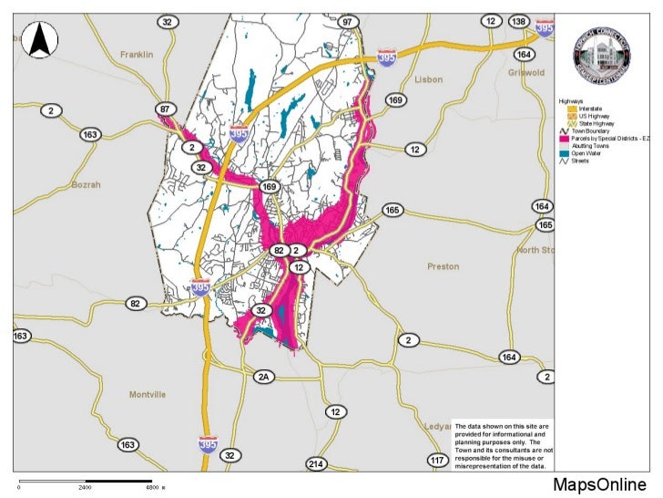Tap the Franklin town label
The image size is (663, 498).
pyautogui.click(x=137, y=56)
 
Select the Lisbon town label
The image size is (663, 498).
pyautogui.click(x=428, y=80)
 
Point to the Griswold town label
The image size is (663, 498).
pyautogui.click(x=525, y=72)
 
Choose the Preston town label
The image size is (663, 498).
pyautogui.click(x=444, y=267)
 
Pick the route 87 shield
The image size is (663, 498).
pyautogui.click(x=164, y=109)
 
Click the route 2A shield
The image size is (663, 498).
pyautogui.click(x=264, y=377)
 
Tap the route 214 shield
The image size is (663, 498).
pyautogui.click(x=316, y=464)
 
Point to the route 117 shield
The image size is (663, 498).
pyautogui.click(x=437, y=460)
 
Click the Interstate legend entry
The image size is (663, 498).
pyautogui.click(x=587, y=109)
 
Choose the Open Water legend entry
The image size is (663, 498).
pyautogui.click(x=590, y=152)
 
